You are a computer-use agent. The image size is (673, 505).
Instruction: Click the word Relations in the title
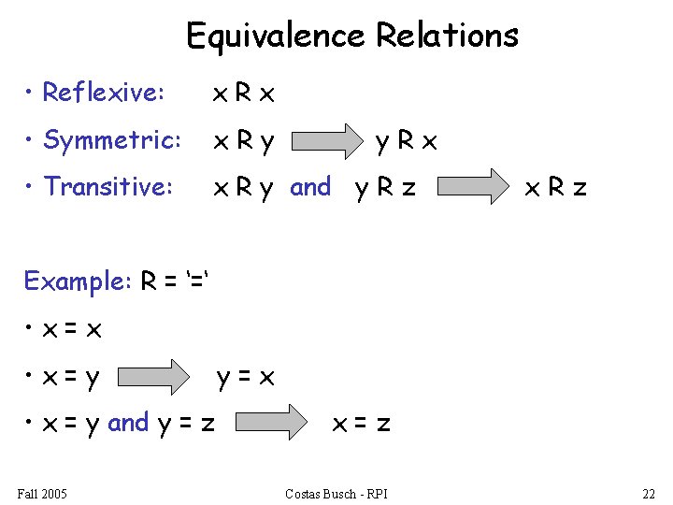coord(447,36)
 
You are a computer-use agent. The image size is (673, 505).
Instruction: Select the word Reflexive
coord(103,93)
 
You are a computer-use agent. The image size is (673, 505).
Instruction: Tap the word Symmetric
coord(111,140)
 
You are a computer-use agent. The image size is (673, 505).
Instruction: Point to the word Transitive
coord(107,187)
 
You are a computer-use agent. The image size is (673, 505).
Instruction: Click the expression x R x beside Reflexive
coord(244,94)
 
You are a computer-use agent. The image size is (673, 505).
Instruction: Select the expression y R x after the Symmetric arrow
coord(406,141)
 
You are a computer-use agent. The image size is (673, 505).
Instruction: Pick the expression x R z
coord(555,188)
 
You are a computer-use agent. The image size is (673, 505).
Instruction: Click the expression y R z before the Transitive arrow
coord(385,188)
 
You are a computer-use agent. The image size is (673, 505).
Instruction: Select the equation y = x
coord(245,378)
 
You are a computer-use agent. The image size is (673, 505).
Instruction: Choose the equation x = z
coord(362,424)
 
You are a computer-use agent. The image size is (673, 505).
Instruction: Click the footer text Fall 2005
coord(42,493)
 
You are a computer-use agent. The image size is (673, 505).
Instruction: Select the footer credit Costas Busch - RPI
coord(336,493)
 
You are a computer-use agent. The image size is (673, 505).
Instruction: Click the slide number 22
coord(649,493)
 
